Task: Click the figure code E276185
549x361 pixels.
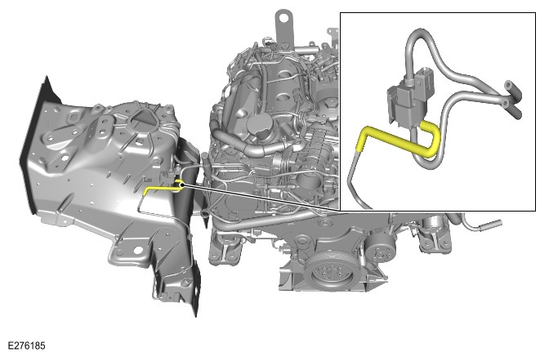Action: click(27, 345)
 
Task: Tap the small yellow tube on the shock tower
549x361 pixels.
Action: click(158, 188)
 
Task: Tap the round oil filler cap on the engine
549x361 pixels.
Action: click(258, 125)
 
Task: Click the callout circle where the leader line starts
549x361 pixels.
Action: click(177, 186)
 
